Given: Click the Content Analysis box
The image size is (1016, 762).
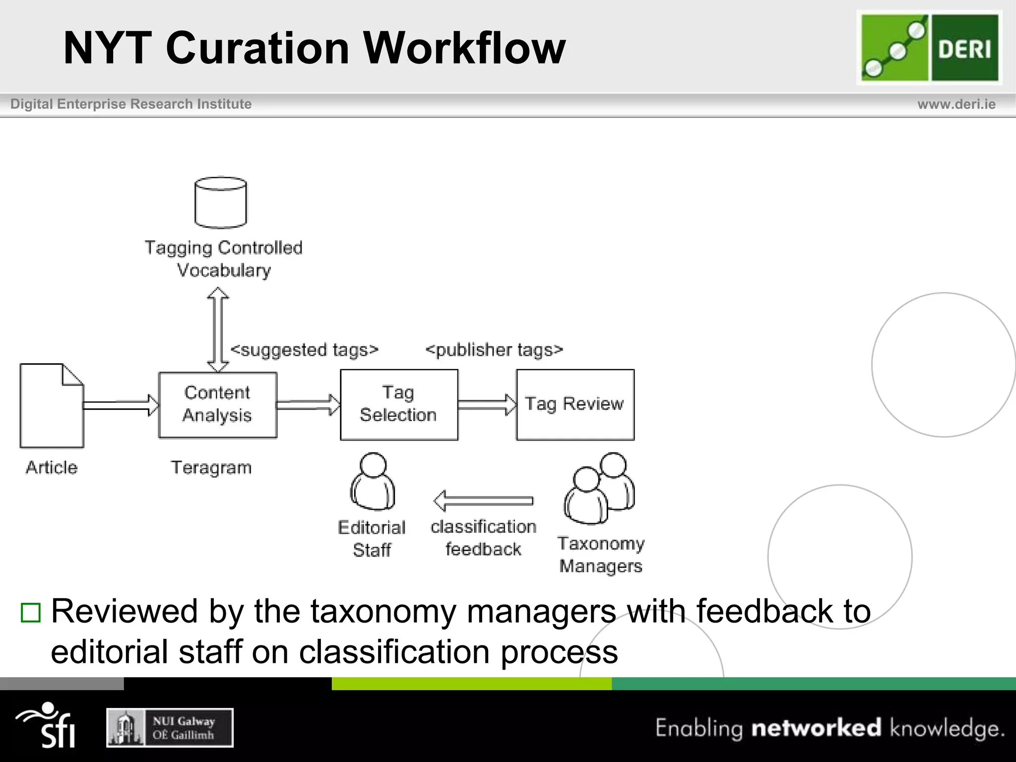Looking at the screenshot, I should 217,405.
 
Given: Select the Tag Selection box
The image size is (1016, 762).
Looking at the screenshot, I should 399,404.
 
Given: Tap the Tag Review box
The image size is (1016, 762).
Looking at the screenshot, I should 575,404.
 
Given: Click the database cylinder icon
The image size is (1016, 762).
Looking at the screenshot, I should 220,202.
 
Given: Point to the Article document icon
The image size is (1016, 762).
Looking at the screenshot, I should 52,406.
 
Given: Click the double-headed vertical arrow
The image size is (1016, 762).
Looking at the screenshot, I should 218,329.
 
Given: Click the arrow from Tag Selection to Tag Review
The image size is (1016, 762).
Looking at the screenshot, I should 487,404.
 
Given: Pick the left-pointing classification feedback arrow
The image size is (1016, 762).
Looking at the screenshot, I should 483,500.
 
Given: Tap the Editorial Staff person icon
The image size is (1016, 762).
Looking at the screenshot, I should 373,482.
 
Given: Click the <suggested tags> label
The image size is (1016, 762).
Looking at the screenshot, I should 304,350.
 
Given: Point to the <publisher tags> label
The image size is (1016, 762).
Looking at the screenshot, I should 494,350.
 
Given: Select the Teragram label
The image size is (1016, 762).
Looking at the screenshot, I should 211,467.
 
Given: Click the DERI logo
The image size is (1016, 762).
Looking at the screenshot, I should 930,48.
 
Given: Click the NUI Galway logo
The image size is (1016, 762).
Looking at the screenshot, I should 170,728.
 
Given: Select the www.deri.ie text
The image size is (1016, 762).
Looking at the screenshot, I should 956,104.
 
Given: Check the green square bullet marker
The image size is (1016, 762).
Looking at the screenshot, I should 30,613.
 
